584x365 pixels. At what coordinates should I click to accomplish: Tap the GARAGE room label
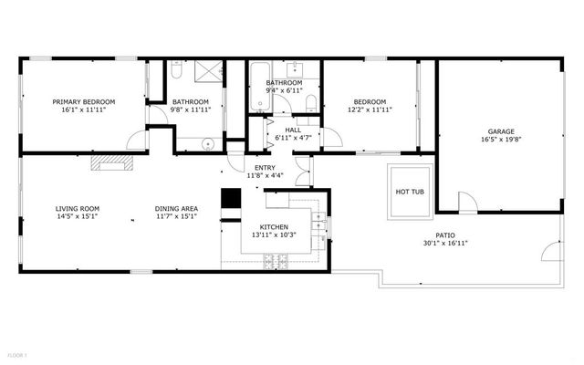tap(501, 132)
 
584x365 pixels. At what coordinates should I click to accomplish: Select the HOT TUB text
tap(408, 193)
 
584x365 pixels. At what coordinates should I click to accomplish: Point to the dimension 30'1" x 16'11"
tap(444, 244)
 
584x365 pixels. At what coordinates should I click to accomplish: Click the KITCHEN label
tap(274, 227)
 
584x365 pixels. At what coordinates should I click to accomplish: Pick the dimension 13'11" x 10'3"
tap(274, 235)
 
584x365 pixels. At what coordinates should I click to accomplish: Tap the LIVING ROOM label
tap(78, 209)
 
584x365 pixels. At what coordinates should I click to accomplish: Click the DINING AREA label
tap(176, 209)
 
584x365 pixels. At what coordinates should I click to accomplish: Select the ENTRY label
tap(265, 168)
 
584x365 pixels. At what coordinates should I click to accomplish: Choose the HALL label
tap(293, 130)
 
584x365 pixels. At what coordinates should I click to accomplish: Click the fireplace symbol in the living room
tap(112, 163)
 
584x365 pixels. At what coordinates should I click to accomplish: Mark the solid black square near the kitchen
tap(231, 198)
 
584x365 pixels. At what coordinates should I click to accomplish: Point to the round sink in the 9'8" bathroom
tap(208, 142)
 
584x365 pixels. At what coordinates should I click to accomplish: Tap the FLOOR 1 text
tap(17, 353)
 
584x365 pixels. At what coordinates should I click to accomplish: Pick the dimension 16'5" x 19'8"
tap(501, 141)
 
